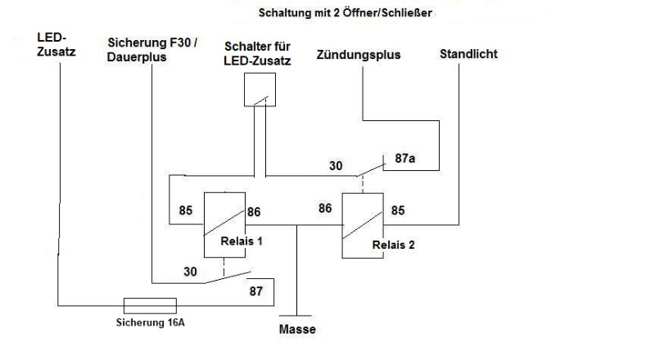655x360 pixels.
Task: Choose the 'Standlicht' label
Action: [468, 54]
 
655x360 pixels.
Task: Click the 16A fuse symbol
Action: [148, 305]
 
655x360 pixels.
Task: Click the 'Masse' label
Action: [296, 330]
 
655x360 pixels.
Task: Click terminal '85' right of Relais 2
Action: [400, 209]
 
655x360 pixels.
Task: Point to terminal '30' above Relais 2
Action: [337, 165]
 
